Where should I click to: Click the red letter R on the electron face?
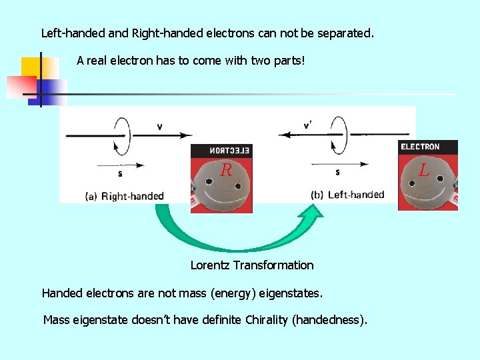point(226,171)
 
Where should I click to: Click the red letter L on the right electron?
point(425,171)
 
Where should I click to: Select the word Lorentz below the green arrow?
point(210,265)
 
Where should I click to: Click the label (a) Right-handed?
point(125,196)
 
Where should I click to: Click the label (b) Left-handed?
point(347,195)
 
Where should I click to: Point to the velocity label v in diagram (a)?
point(159,126)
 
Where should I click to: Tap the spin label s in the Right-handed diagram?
point(120,174)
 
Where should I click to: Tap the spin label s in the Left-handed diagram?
point(337,172)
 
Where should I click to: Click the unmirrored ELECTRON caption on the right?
point(419,147)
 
